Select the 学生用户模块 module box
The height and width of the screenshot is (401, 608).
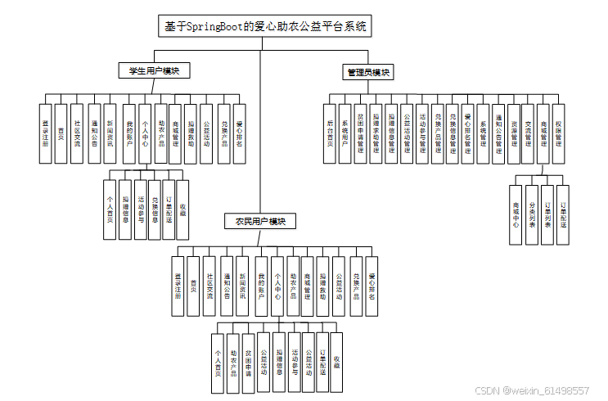(154, 70)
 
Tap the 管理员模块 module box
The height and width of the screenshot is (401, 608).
(366, 73)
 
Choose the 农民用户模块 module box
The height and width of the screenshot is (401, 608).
(259, 221)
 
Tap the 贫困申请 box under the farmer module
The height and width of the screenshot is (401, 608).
(248, 359)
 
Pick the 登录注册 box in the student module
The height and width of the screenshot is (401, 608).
(45, 132)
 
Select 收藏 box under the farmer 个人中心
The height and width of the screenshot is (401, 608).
(336, 359)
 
